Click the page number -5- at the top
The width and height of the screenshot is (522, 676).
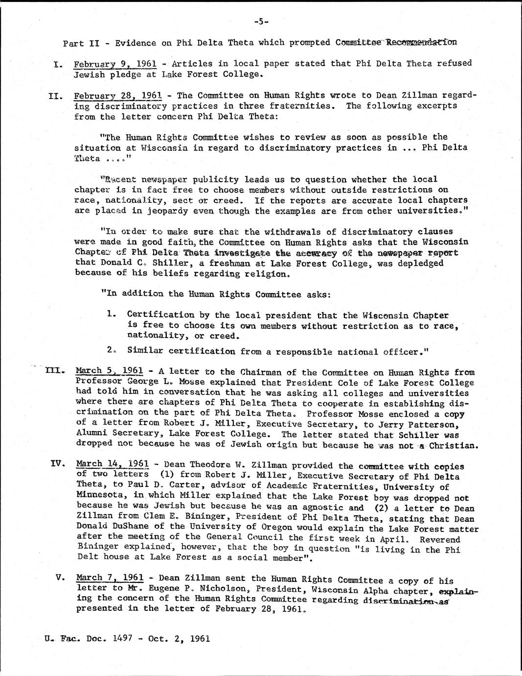(x=261, y=21)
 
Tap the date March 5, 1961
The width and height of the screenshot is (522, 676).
(x=110, y=371)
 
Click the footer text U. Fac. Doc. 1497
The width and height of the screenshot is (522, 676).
(x=81, y=639)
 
